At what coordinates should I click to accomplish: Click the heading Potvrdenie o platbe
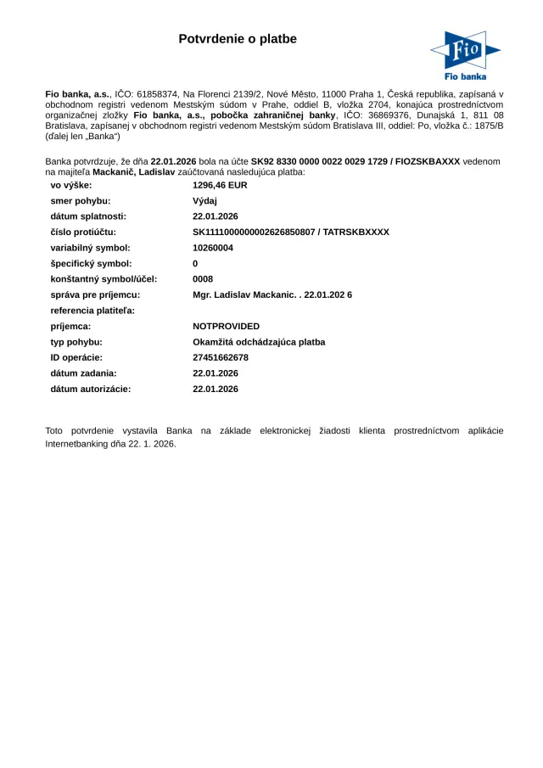click(238, 39)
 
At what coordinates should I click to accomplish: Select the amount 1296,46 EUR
click(220, 184)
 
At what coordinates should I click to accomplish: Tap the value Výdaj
click(205, 200)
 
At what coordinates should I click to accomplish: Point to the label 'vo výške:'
click(71, 184)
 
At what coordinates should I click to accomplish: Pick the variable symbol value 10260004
click(213, 248)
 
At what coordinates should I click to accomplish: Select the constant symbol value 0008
click(203, 279)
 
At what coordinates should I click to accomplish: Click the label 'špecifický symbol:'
click(91, 263)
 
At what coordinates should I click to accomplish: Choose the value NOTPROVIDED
click(227, 326)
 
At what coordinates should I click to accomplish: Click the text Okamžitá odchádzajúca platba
click(259, 342)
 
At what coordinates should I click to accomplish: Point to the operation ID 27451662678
click(221, 357)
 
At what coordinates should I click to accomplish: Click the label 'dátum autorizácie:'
click(91, 389)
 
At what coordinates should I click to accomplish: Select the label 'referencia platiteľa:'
click(92, 311)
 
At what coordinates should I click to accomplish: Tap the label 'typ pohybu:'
click(76, 342)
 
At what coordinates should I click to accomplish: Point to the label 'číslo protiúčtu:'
click(83, 232)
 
